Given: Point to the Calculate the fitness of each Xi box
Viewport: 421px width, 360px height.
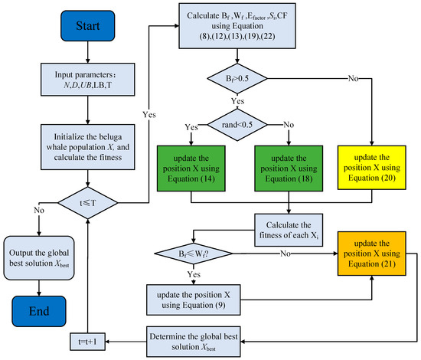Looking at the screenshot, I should pyautogui.click(x=289, y=228).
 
